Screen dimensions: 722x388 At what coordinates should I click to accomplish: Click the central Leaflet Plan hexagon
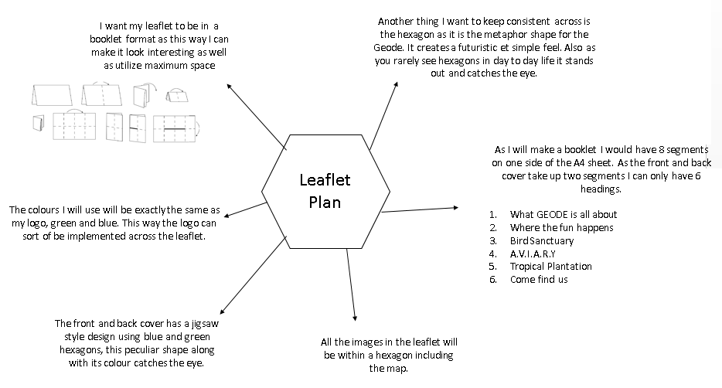[325, 190]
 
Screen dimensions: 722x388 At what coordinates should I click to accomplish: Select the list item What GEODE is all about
[563, 214]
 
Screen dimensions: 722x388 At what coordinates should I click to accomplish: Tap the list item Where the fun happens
[561, 227]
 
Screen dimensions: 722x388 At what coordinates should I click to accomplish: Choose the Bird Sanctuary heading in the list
[541, 240]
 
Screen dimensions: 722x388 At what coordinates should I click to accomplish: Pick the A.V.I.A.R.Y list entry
[533, 254]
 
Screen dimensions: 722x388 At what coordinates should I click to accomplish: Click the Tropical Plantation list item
[550, 266]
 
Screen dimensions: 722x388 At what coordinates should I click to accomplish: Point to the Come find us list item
[538, 279]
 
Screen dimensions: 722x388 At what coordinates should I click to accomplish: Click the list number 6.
[492, 279]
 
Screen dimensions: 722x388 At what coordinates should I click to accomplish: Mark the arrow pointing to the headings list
[421, 209]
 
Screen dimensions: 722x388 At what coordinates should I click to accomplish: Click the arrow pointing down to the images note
[352, 281]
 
